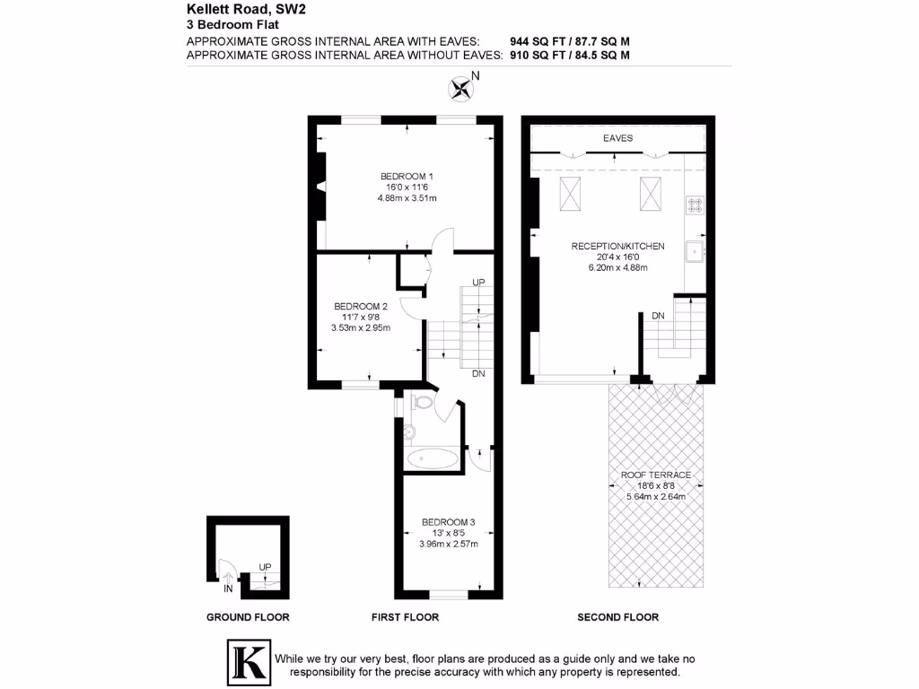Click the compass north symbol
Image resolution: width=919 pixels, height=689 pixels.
461,88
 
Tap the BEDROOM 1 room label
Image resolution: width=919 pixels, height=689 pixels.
407,176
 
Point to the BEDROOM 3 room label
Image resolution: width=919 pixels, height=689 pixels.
448,522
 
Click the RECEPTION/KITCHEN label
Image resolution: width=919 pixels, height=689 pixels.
617,246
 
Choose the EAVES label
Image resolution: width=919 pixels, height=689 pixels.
617,138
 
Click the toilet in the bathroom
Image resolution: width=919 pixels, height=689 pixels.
424,406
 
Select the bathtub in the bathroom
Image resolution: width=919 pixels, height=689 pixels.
432,459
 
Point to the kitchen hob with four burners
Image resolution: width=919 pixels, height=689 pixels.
696,205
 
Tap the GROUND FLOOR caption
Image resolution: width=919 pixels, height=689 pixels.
248,617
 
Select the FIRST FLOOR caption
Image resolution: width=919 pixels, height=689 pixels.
405,617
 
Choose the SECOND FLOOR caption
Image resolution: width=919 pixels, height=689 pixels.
617,617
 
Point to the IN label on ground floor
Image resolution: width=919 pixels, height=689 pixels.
228,589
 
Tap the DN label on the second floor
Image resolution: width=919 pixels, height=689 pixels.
658,316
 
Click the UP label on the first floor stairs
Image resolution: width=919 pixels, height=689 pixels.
478,283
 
